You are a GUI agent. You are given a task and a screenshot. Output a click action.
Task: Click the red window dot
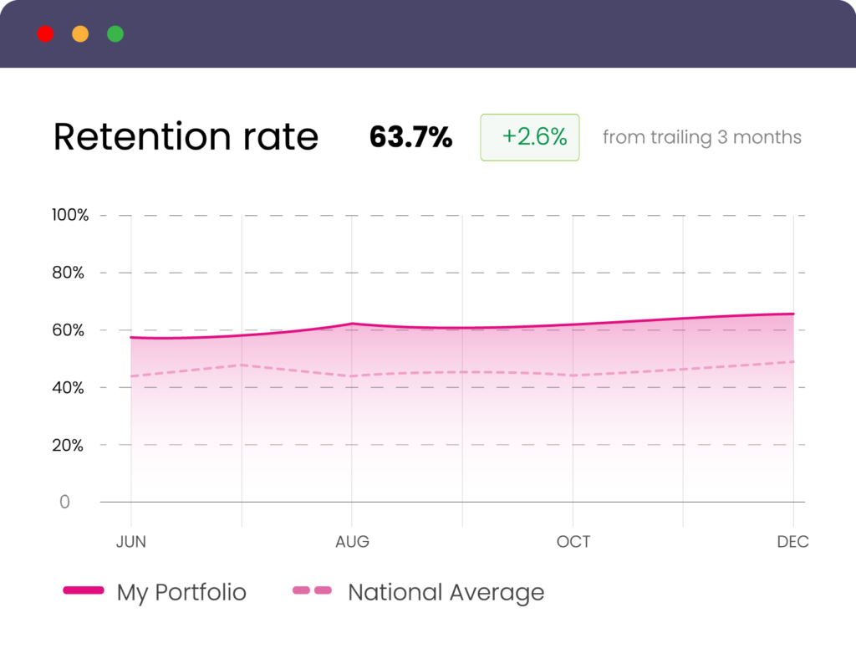tap(45, 34)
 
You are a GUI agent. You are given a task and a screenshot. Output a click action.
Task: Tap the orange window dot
tap(80, 34)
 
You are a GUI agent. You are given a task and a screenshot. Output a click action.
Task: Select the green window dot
tap(115, 34)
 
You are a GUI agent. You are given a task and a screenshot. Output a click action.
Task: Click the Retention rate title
tap(186, 137)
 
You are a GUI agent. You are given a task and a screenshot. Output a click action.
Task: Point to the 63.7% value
tap(410, 137)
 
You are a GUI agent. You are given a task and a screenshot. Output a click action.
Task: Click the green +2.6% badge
tap(529, 137)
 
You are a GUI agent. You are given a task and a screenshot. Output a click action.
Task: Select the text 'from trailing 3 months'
tap(701, 137)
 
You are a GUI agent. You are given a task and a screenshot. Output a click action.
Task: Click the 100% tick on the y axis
tap(70, 215)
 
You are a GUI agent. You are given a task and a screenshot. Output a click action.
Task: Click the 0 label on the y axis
tap(64, 502)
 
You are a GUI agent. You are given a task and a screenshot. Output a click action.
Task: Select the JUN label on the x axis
tap(130, 542)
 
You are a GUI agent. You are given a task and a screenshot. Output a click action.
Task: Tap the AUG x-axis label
tap(352, 542)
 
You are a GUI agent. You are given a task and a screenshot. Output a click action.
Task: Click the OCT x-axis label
tap(573, 542)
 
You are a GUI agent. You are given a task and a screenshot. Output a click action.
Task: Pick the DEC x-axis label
tap(792, 542)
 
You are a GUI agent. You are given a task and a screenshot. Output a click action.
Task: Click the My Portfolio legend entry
tap(155, 592)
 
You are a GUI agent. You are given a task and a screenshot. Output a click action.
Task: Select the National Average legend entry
tap(418, 592)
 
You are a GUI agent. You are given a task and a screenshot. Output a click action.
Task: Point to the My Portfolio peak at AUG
tap(352, 324)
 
